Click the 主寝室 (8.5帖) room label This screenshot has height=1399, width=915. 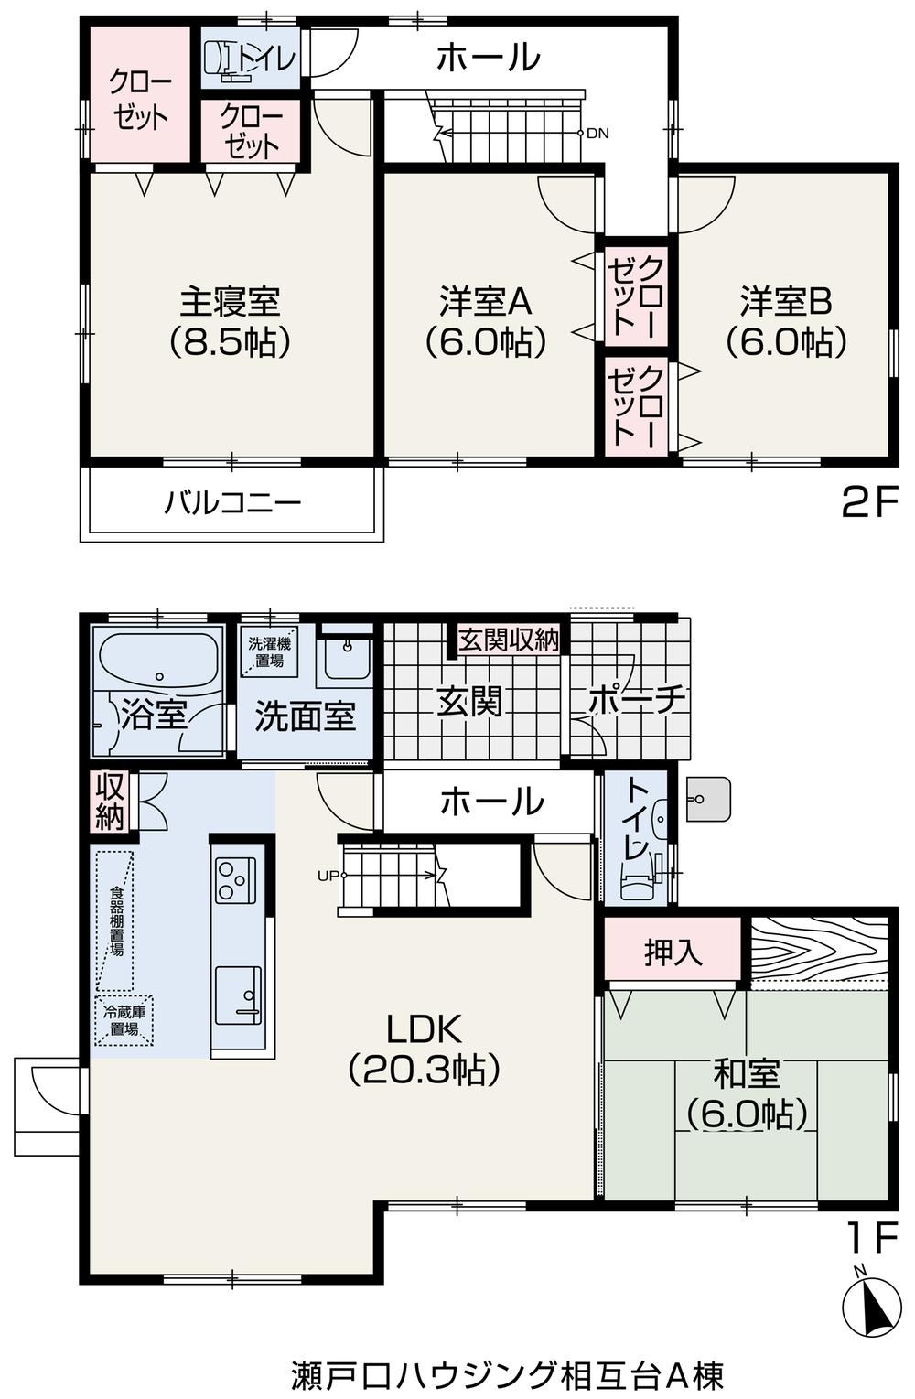(x=229, y=321)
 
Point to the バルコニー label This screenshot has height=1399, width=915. (x=232, y=502)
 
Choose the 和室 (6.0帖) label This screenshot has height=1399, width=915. (x=747, y=1092)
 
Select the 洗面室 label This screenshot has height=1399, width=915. (x=305, y=716)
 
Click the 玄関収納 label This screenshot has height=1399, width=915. (x=508, y=640)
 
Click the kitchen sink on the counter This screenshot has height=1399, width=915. (x=238, y=995)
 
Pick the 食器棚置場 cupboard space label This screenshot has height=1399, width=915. (x=116, y=920)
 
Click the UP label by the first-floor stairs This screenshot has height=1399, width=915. (x=327, y=876)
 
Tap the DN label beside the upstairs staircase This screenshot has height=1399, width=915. (x=597, y=134)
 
